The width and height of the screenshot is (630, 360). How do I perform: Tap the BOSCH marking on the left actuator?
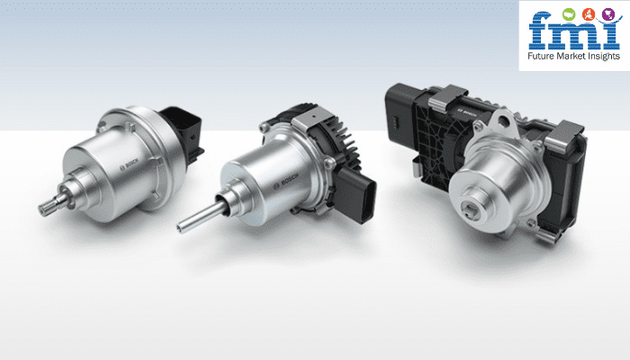(130, 165)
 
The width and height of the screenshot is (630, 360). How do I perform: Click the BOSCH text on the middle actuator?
(286, 181)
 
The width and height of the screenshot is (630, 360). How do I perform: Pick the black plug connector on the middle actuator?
(355, 194)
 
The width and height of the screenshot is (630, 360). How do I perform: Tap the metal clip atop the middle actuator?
(311, 120)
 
